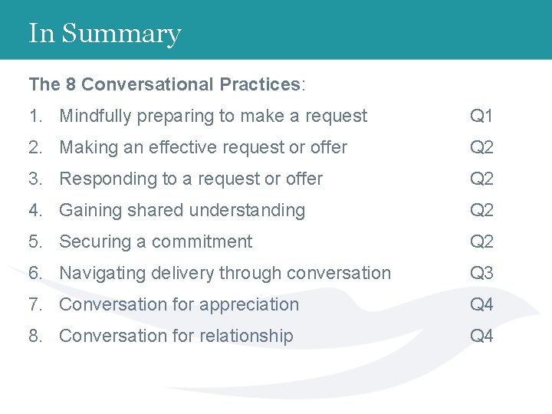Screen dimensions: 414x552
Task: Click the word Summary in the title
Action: [x=121, y=34]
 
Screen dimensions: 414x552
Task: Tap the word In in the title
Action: [x=41, y=34]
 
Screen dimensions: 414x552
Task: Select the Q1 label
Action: [x=481, y=117]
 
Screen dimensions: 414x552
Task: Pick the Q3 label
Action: [x=481, y=274]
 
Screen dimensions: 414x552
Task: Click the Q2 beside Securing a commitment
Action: [x=481, y=242]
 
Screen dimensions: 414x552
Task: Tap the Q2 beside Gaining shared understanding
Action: [x=481, y=211]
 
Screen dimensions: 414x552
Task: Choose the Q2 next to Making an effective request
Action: [x=481, y=148]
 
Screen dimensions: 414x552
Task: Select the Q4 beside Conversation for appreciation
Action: [x=481, y=305]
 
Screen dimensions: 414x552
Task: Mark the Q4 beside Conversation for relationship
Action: [x=481, y=337]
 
